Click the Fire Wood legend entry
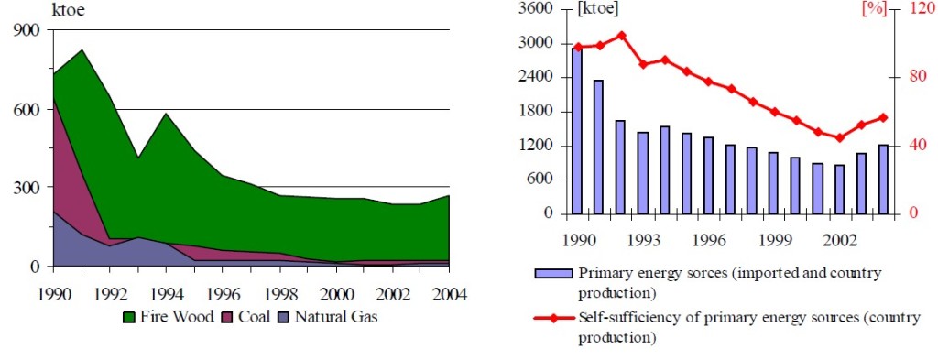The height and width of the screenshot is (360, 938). pos(164,317)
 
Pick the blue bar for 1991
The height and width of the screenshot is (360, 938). pos(598,147)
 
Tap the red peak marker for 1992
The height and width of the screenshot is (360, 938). pos(621,36)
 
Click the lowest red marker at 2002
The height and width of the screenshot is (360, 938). pos(839,138)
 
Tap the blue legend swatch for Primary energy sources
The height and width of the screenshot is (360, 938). pos(552,273)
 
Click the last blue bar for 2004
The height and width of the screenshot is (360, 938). pos(883,179)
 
